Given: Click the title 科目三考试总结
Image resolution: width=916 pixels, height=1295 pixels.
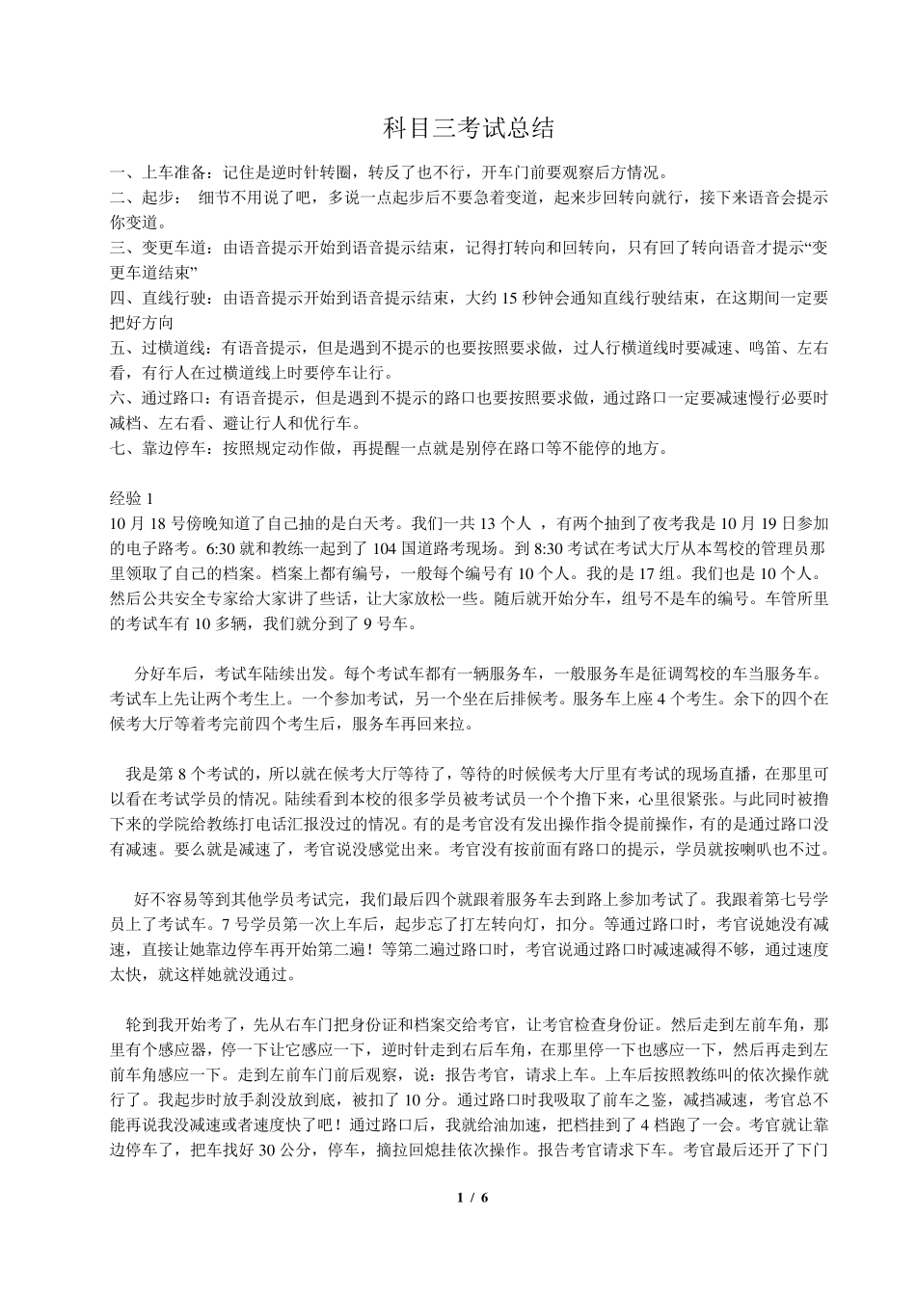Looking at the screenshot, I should point(457,128).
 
